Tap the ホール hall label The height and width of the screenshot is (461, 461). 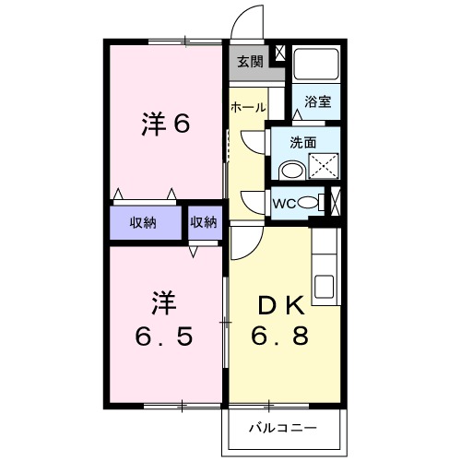(248, 107)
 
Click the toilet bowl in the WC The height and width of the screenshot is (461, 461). (310, 203)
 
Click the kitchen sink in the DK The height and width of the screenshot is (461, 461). (325, 288)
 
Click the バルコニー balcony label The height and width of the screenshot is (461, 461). (285, 428)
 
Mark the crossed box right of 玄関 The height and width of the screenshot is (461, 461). (280, 53)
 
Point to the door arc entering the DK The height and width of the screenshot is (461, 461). (245, 242)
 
